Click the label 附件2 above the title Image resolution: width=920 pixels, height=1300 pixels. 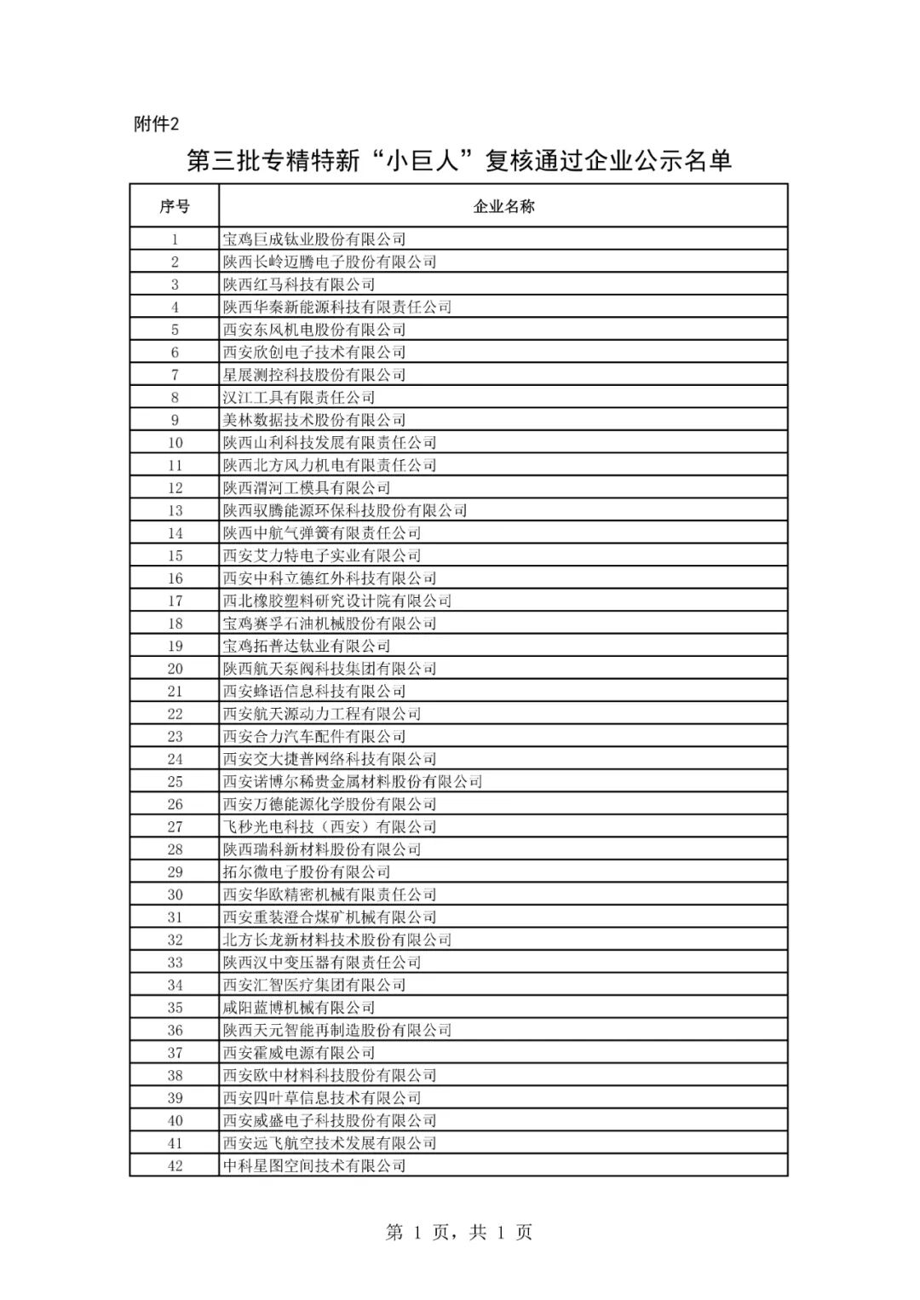(x=157, y=124)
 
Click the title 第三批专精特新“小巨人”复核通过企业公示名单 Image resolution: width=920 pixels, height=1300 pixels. (x=459, y=161)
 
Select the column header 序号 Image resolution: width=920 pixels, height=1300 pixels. (x=175, y=206)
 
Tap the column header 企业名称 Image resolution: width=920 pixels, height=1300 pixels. (x=503, y=206)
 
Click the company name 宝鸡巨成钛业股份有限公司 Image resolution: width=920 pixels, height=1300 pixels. (x=313, y=239)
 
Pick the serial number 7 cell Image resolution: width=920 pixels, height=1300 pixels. (x=175, y=375)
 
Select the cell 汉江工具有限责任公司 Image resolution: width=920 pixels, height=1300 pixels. (x=298, y=398)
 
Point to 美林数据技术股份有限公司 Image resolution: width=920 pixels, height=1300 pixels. (x=313, y=420)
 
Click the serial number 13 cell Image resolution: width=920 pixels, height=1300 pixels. (x=175, y=510)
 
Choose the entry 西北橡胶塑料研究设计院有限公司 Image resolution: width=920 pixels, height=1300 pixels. (x=336, y=601)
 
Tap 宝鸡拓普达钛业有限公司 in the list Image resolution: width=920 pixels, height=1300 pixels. (x=306, y=646)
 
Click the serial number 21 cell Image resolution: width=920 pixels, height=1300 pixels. (x=175, y=691)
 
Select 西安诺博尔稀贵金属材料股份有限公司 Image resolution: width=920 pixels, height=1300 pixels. (x=352, y=781)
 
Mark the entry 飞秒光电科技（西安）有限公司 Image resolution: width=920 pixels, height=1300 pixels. (x=329, y=826)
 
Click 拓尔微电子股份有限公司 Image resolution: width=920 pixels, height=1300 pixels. (x=306, y=871)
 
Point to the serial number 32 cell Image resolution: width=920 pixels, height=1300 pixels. (x=175, y=940)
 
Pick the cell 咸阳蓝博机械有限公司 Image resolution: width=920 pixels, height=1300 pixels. (x=298, y=1007)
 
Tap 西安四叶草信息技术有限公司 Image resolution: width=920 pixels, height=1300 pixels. (x=321, y=1097)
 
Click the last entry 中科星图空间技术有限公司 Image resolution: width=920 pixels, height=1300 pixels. (x=313, y=1165)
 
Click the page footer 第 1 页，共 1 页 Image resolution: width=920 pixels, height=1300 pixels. (x=459, y=1232)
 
